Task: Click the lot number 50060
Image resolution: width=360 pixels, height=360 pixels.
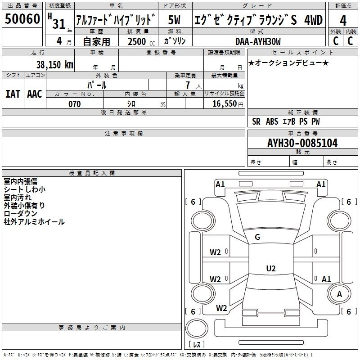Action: coord(22,19)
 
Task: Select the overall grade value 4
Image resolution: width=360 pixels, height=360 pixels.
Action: coord(343,21)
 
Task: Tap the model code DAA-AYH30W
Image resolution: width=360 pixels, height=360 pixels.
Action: coord(258,41)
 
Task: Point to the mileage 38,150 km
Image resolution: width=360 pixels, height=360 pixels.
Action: coord(54,64)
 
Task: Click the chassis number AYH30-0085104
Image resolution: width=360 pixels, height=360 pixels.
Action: coord(302,143)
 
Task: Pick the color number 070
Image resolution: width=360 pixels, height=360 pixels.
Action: coord(74,104)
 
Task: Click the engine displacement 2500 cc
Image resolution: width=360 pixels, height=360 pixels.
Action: coord(141,41)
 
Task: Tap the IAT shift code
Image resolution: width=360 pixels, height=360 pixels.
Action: coord(13,94)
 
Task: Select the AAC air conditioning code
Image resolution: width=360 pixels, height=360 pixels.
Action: coord(35,94)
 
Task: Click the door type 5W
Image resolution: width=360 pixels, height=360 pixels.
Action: coord(174,20)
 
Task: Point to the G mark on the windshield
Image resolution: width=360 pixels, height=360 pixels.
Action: coord(257,237)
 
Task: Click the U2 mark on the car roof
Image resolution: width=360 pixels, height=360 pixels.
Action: coord(271,268)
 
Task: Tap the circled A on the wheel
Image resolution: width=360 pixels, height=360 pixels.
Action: coord(339,294)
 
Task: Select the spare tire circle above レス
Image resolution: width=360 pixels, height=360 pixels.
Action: coord(197,328)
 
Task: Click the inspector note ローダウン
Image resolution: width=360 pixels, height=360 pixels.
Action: coord(20,213)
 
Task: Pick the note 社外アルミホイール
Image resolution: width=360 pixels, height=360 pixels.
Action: coord(34,222)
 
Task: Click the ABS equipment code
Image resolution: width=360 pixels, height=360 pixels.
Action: coord(272,121)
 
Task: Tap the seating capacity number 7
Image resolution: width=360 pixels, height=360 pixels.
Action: coord(188,85)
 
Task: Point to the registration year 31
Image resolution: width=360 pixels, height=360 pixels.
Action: coord(59,24)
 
